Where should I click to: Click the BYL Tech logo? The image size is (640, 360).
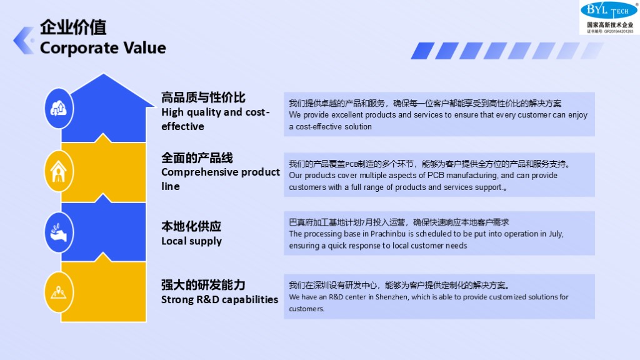coord(609,17)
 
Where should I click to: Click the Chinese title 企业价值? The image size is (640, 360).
coord(73,27)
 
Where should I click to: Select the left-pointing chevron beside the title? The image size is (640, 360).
coord(24,41)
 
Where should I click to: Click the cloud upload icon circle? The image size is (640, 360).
coord(59,109)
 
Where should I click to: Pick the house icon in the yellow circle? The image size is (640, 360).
coord(59,171)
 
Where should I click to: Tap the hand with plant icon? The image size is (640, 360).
coord(59,232)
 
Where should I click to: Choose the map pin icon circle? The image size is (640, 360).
coord(59,292)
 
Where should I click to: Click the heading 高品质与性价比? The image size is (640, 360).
coord(203,97)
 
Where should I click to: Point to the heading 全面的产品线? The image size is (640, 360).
coord(197,158)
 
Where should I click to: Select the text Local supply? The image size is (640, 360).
coord(191,241)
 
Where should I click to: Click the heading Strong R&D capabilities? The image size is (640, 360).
coord(219,299)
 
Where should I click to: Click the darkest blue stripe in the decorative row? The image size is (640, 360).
coord(422,51)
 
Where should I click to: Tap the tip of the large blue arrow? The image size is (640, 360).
coord(103,74)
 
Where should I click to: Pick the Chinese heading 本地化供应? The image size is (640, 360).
coord(191,226)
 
